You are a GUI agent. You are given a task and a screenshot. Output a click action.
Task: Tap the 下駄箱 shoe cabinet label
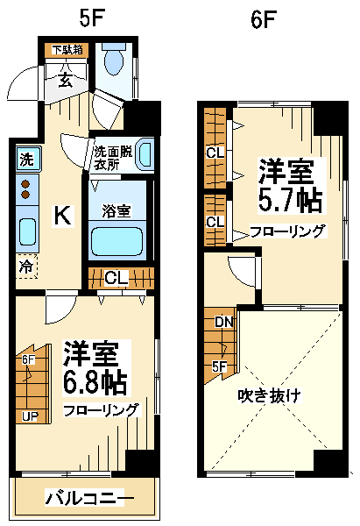click(67, 50)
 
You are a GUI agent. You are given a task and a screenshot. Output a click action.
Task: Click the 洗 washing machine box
click(27, 159)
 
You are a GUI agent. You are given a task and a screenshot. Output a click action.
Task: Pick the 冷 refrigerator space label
click(26, 264)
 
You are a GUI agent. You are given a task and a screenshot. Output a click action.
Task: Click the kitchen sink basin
click(27, 231)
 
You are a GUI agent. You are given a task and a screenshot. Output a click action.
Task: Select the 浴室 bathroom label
click(116, 210)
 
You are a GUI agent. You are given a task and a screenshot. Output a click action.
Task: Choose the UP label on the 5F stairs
click(30, 416)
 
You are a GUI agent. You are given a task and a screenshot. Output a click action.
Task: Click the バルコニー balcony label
click(89, 499)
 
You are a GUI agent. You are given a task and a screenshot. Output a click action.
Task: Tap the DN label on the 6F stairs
click(224, 322)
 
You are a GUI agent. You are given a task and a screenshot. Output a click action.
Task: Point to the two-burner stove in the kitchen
click(27, 188)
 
